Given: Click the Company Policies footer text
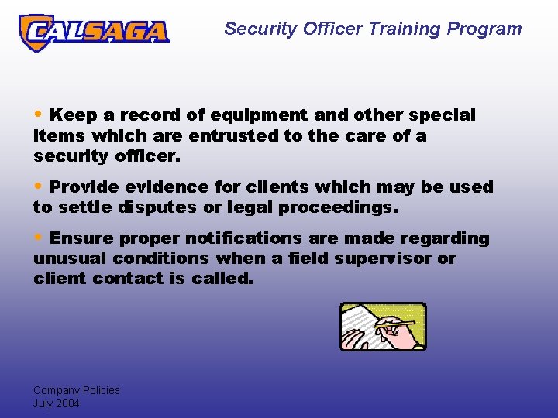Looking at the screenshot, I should pos(76,390).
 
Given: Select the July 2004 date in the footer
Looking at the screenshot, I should pos(56,403).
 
